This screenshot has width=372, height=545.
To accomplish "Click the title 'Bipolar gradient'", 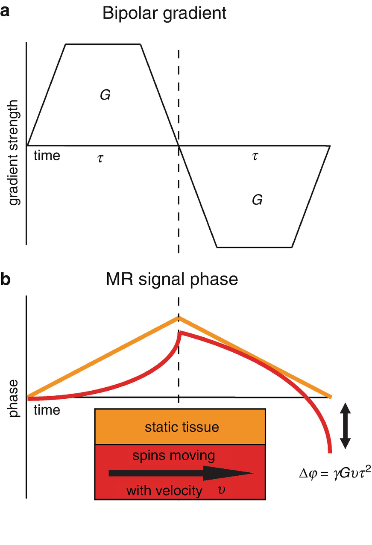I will pyautogui.click(x=164, y=14).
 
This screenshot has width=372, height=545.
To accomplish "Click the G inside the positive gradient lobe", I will pyautogui.click(x=105, y=95).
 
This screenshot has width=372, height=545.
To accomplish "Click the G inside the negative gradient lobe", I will pyautogui.click(x=257, y=200).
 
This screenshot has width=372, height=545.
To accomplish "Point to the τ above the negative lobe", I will pyautogui.click(x=255, y=156).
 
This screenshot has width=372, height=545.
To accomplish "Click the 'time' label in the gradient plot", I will pyautogui.click(x=47, y=156).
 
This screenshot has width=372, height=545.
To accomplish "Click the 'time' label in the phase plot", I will pyautogui.click(x=47, y=410).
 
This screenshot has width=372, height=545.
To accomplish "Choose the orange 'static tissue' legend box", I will pyautogui.click(x=180, y=427).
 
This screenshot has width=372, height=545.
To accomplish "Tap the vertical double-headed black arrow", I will pyautogui.click(x=345, y=427).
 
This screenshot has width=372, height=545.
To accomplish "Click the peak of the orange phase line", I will pyautogui.click(x=179, y=317).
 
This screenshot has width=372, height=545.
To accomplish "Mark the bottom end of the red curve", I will pyautogui.click(x=330, y=451).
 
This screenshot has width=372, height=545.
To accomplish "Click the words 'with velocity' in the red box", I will pyautogui.click(x=164, y=491).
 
